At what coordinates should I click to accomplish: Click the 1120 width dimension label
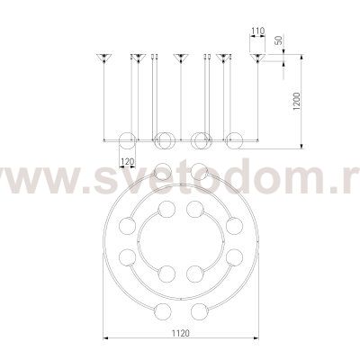click(181, 333)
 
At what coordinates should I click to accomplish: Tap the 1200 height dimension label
click(297, 102)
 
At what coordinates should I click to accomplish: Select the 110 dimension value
click(257, 31)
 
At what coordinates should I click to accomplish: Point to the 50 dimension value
click(278, 40)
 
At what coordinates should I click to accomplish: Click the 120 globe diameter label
click(127, 162)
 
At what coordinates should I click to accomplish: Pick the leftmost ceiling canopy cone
click(104, 58)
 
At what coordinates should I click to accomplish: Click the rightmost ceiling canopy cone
click(257, 58)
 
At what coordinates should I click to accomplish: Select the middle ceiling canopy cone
click(181, 58)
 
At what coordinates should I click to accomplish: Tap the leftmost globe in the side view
click(128, 140)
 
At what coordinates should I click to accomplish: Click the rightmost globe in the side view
click(234, 140)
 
